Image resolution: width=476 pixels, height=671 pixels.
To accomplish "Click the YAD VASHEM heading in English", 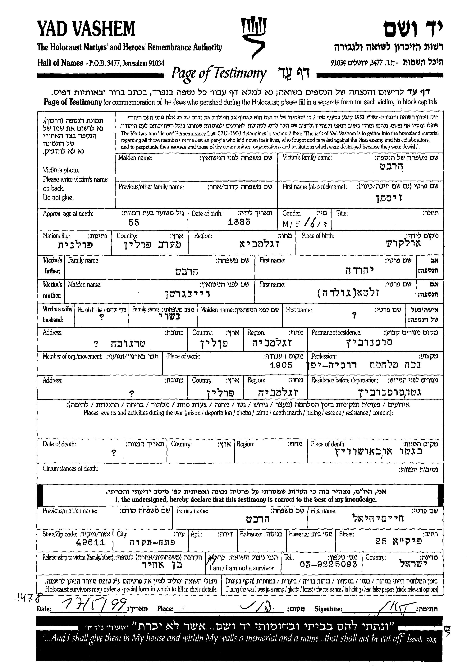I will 86,29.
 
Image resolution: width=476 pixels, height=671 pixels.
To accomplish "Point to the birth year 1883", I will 239,222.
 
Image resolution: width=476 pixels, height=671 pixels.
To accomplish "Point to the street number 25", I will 381,541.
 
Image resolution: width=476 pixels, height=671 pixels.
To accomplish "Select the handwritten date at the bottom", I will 94,605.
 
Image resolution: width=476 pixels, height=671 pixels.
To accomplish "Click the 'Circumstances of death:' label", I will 70,469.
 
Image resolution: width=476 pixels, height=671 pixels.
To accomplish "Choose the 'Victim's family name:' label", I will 307,158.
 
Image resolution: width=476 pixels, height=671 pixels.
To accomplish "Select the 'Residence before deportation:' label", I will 344,380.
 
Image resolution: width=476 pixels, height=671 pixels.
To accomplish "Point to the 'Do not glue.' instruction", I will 58,198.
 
